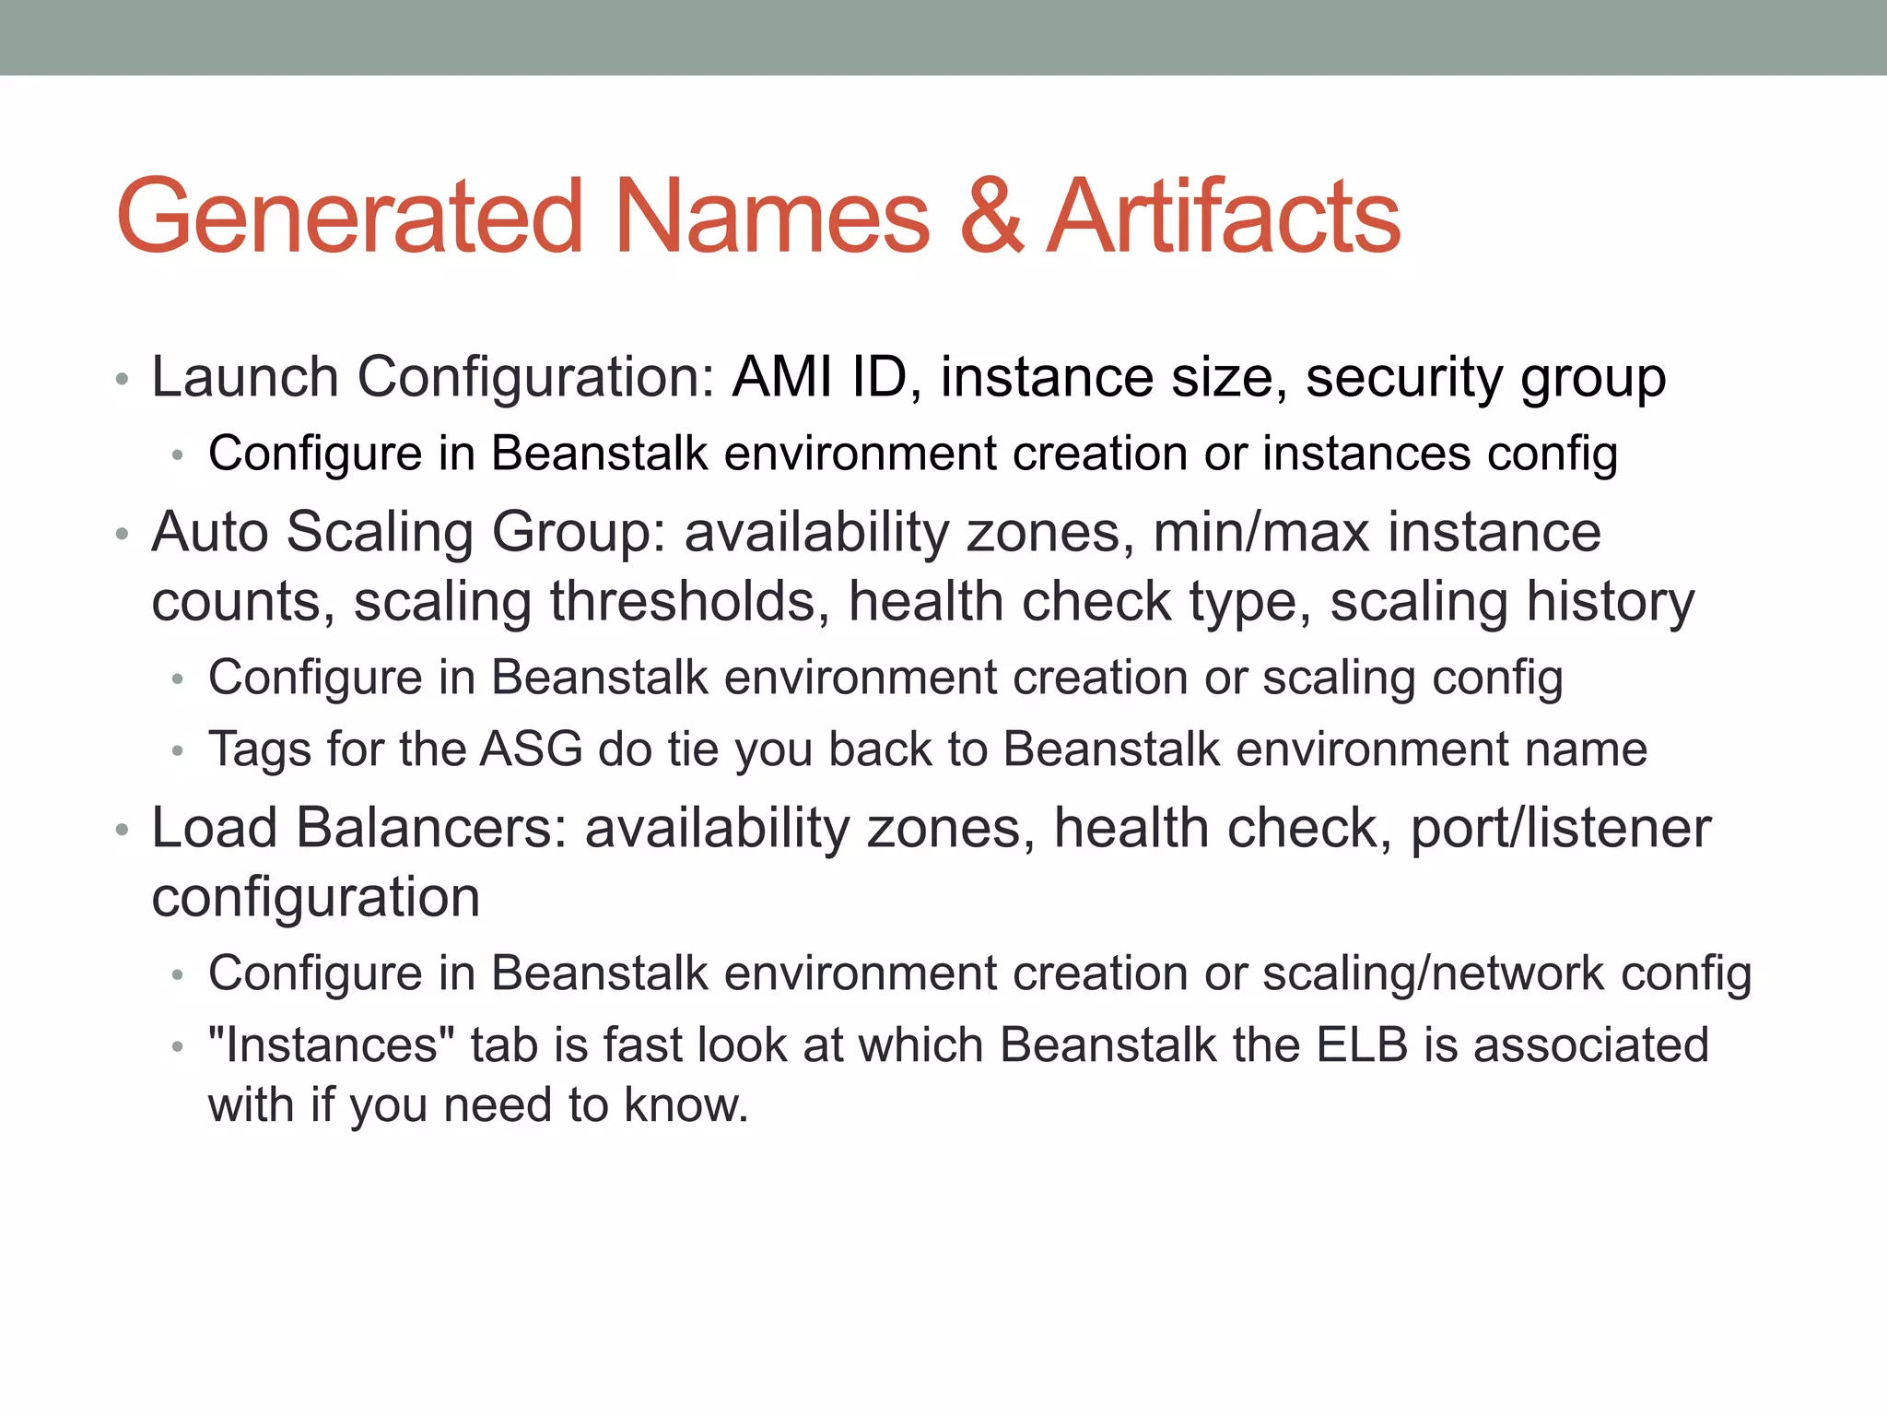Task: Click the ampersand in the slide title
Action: tap(990, 217)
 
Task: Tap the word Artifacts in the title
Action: tap(1224, 217)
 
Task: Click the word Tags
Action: tap(260, 749)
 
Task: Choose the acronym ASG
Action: tap(532, 749)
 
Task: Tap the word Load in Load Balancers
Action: tap(215, 827)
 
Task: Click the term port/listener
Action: tap(1561, 827)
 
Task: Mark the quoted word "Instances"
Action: tap(332, 1045)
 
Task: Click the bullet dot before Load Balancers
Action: tap(122, 831)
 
